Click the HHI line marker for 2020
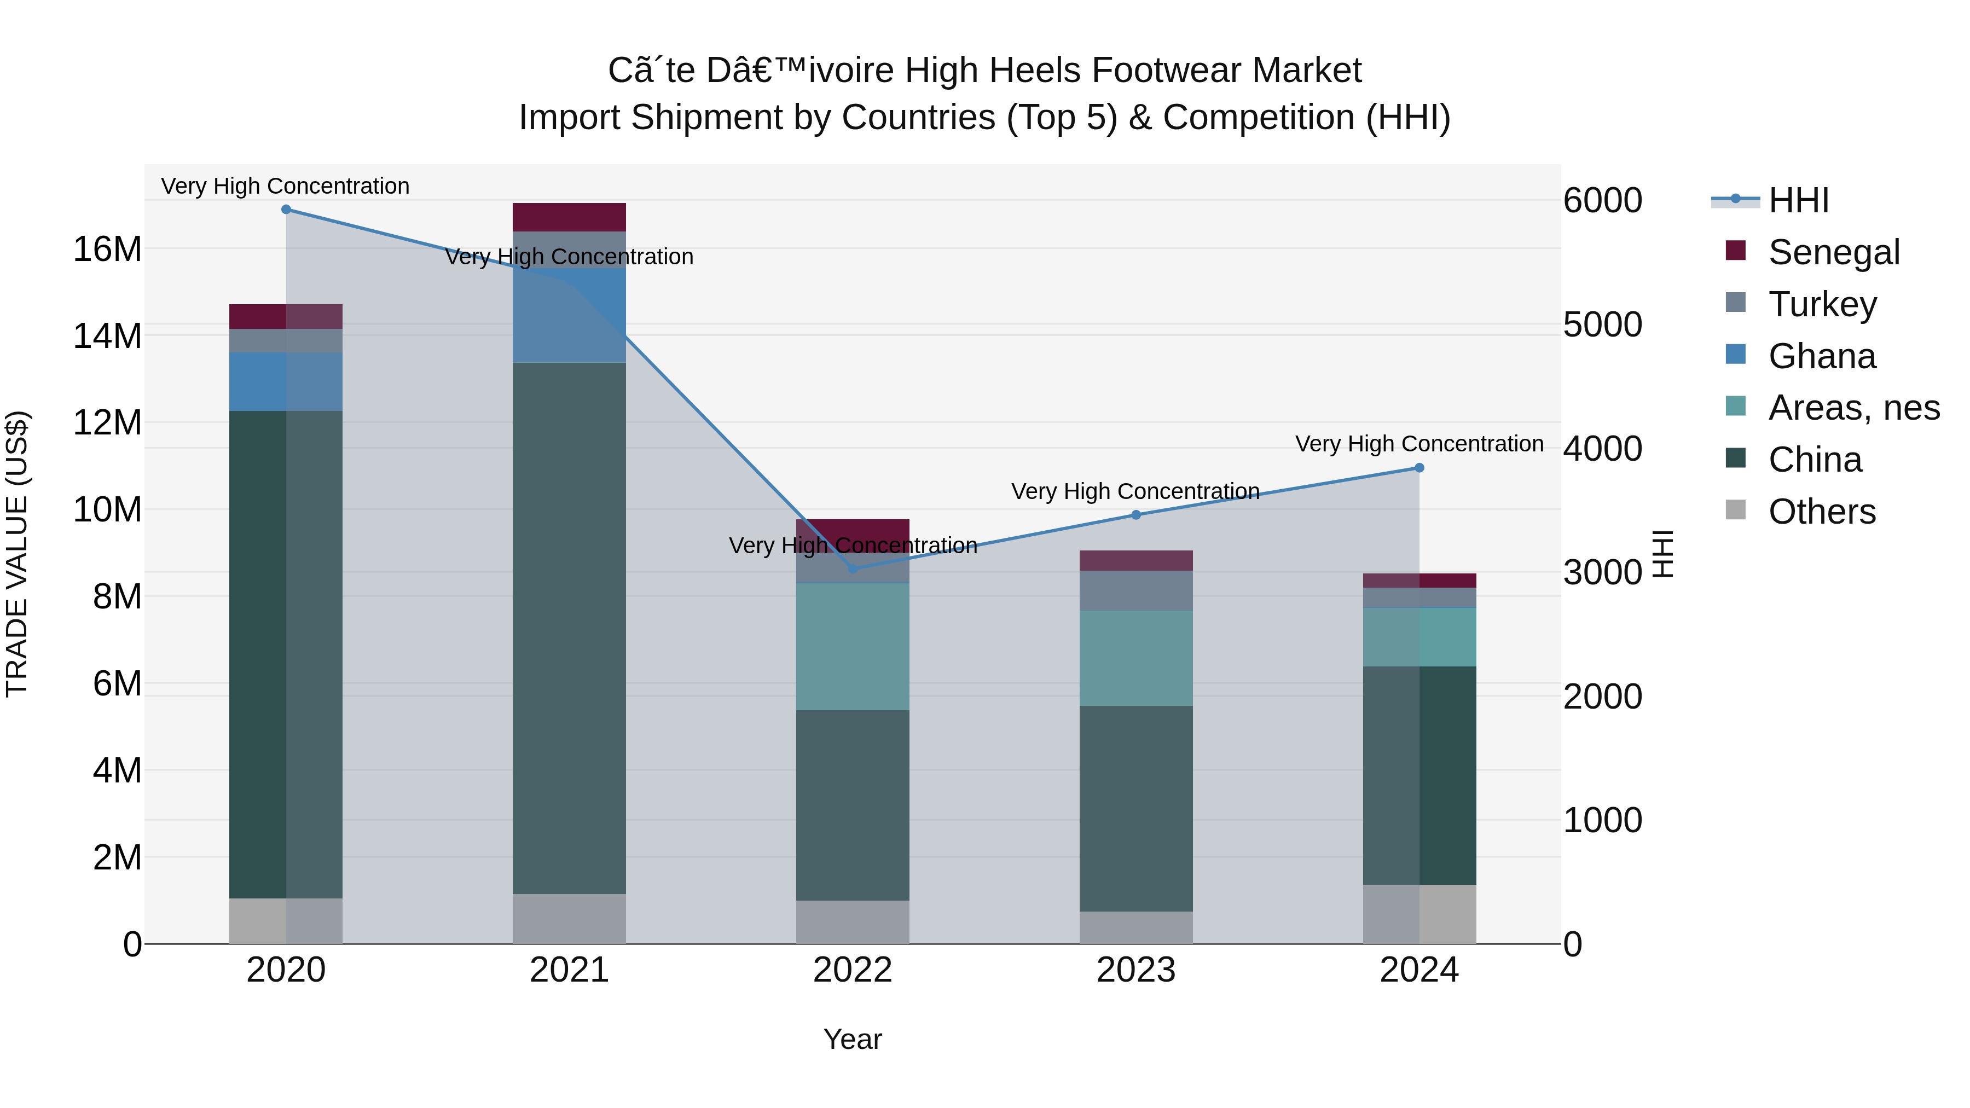(x=286, y=210)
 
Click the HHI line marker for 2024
(x=1419, y=468)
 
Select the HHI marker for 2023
(x=1135, y=515)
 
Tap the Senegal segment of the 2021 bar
(x=569, y=217)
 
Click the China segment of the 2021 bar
(x=569, y=627)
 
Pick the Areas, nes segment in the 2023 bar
(x=1135, y=658)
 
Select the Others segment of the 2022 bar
(x=853, y=921)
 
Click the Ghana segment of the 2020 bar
(x=286, y=381)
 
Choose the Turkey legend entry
(x=1822, y=304)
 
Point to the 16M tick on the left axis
(x=107, y=250)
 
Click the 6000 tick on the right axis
(x=1602, y=200)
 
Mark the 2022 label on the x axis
(x=853, y=970)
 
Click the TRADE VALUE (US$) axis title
(x=17, y=554)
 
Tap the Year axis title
(x=853, y=1039)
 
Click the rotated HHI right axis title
(x=1664, y=554)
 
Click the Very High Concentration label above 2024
(x=1419, y=444)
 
